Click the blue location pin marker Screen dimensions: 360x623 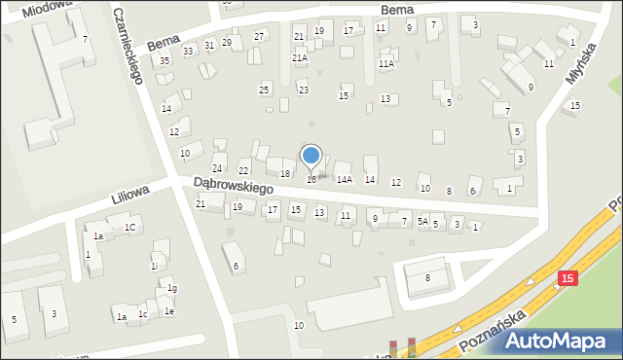[x=311, y=156]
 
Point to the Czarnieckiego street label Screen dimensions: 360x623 [x=128, y=47]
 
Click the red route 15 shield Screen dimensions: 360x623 [x=568, y=279]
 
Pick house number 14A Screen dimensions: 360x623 [x=344, y=180]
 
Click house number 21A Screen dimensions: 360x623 [x=300, y=58]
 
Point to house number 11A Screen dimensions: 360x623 [x=386, y=64]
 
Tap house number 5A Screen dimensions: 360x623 [x=422, y=222]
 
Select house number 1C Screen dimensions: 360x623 [x=129, y=228]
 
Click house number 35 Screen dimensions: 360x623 [x=165, y=61]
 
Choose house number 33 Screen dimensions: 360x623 [x=188, y=51]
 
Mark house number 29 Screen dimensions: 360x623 [x=227, y=43]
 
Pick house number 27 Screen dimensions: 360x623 [x=259, y=37]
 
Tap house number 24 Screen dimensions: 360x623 [x=218, y=169]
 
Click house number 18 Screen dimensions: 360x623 [x=285, y=173]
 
